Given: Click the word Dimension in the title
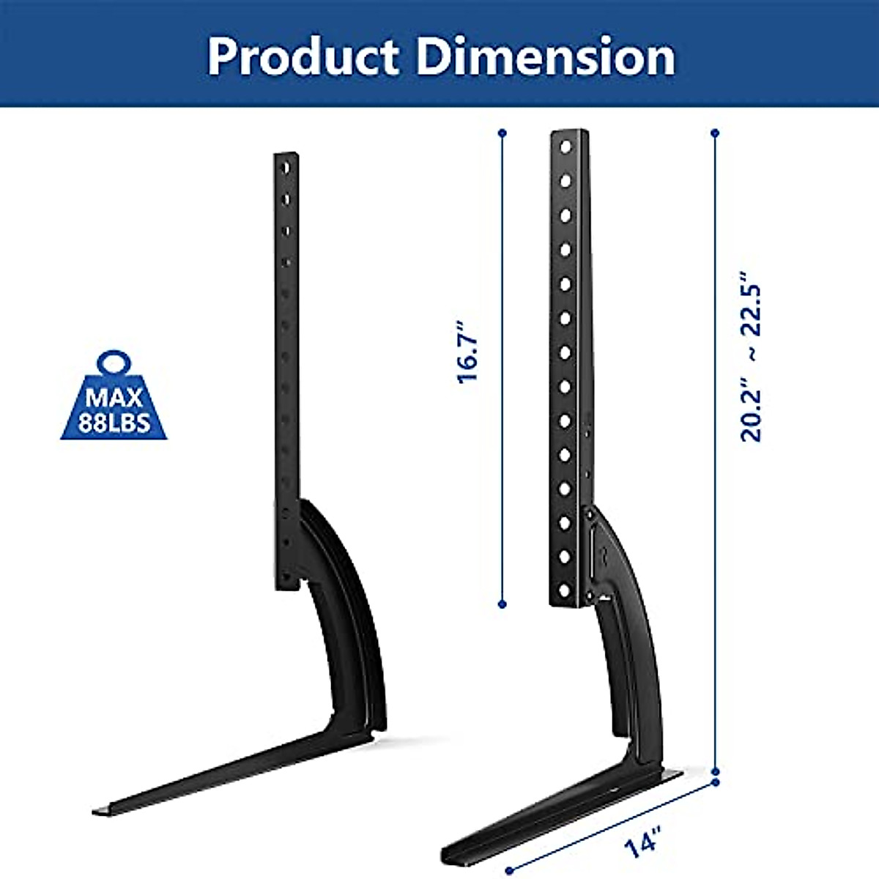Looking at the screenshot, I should point(546,57).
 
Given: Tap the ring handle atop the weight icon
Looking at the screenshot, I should point(114,363).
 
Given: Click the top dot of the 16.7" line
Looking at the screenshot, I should point(502,133).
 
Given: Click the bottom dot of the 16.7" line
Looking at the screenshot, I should point(502,604).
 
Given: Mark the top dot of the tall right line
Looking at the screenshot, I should point(715,133).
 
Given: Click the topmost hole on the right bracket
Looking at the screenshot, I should point(565,146).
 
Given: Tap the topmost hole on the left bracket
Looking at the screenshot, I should point(286,168).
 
